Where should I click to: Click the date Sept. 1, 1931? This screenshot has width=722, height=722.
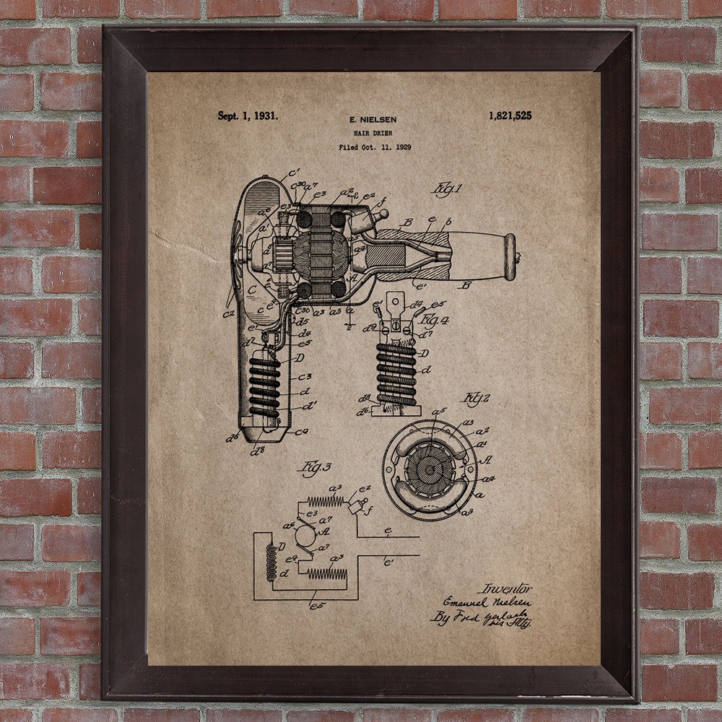coord(248,115)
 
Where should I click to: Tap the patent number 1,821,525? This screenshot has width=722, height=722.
coord(510,115)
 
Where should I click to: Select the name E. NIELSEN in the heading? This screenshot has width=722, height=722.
coord(373,119)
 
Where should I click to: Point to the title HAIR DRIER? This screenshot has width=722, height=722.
coord(373,133)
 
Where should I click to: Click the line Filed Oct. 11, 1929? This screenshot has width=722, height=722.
coord(375,147)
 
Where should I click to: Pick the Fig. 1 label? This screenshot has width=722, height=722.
coord(447,190)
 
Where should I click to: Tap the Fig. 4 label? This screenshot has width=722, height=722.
coord(435,318)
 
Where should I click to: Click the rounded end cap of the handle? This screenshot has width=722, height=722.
coord(510,257)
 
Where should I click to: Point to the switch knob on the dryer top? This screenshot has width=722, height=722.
coord(383,214)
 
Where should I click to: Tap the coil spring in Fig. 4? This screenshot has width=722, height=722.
coord(396,374)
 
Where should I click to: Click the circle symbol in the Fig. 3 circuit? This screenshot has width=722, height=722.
coord(306,536)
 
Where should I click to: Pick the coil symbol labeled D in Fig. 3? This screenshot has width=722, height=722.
coord(271,562)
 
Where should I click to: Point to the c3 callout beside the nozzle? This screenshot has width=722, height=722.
coord(304,376)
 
